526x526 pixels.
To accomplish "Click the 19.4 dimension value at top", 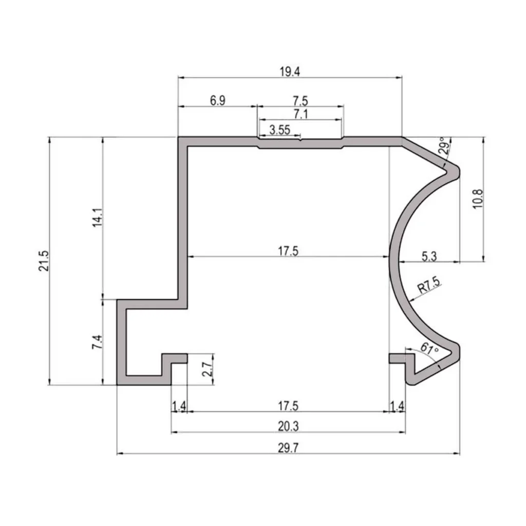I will click(x=290, y=71).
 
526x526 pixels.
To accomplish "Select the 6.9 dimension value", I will click(x=217, y=100).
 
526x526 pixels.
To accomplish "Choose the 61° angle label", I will click(x=429, y=349).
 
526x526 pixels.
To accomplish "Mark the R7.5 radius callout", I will click(x=428, y=285).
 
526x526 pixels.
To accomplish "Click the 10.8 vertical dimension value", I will click(x=477, y=199).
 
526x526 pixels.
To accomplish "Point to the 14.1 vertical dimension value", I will click(x=98, y=218).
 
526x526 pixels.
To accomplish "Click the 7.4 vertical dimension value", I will click(x=98, y=342).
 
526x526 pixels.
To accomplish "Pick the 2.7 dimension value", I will click(x=207, y=369).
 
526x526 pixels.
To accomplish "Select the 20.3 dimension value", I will click(x=288, y=426).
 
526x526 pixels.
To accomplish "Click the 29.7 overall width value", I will click(x=288, y=447).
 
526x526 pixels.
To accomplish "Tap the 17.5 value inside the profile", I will click(x=288, y=251).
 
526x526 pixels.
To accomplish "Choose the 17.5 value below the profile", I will click(x=288, y=405).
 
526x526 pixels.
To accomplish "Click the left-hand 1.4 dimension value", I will click(x=179, y=406).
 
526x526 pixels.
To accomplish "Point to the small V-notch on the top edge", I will click(x=300, y=138).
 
